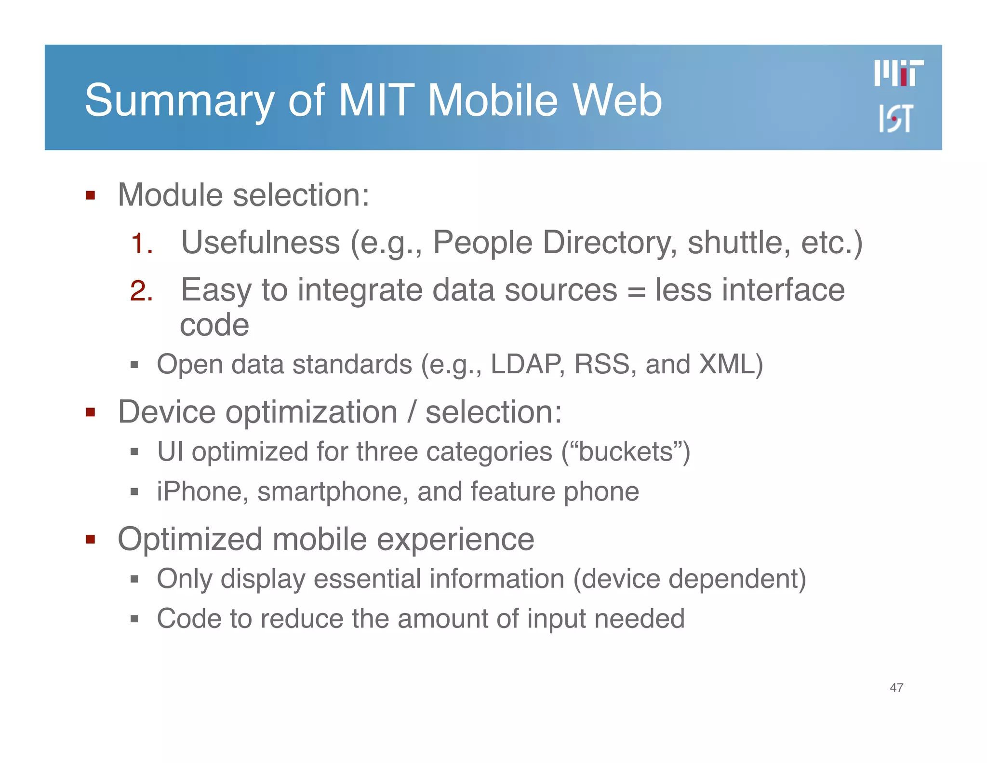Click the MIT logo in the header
(x=898, y=73)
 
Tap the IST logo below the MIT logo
(x=895, y=118)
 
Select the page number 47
(x=896, y=687)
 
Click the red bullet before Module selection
(x=90, y=196)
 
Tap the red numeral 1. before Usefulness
(x=142, y=244)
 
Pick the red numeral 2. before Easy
(x=142, y=291)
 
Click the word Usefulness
(x=260, y=242)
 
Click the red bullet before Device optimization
(x=90, y=412)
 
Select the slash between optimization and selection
(x=411, y=412)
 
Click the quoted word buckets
(x=626, y=452)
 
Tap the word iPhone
(x=202, y=491)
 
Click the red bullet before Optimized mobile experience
(x=90, y=539)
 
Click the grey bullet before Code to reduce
(x=134, y=619)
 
